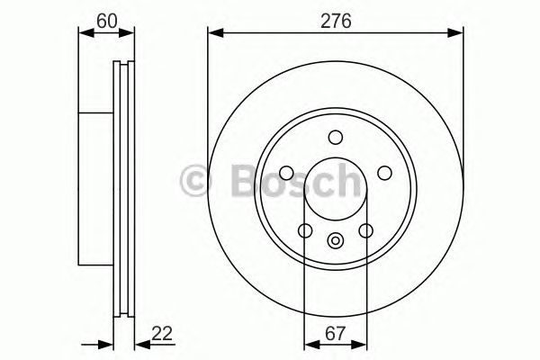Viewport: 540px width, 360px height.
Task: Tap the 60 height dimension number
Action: (x=107, y=17)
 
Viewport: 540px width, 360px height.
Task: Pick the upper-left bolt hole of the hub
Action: (x=287, y=173)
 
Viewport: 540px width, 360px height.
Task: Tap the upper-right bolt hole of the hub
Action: (x=384, y=173)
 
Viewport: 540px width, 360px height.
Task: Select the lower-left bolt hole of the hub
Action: (x=305, y=230)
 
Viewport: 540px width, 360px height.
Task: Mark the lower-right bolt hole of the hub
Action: (x=365, y=230)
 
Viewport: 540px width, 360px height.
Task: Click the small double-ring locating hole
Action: (x=336, y=239)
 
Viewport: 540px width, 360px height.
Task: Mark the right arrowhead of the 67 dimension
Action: (x=362, y=344)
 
